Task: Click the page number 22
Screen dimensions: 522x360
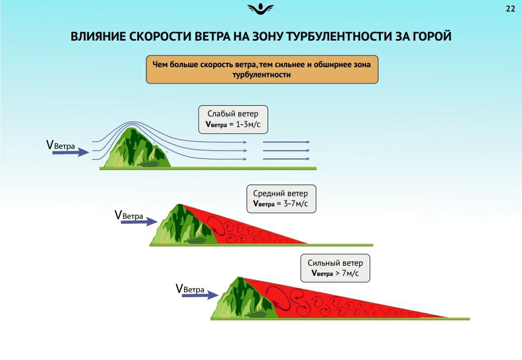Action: (510, 9)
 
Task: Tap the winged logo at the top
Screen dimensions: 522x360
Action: (261, 9)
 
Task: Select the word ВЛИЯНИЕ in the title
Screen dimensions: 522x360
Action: (98, 36)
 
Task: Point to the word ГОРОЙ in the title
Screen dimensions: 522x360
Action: (432, 36)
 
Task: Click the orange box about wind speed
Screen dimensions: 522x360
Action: (262, 70)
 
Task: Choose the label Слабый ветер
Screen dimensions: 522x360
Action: (232, 114)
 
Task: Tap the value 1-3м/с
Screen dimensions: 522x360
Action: (248, 125)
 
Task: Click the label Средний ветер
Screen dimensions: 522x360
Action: (280, 193)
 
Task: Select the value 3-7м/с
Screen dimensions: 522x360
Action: (296, 203)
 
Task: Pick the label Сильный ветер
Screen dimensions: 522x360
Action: (335, 263)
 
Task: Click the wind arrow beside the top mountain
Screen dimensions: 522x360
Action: (71, 152)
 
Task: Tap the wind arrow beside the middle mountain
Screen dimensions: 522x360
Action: (139, 222)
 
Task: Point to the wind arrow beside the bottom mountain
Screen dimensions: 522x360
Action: (200, 295)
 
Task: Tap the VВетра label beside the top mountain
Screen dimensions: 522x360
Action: (60, 145)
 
